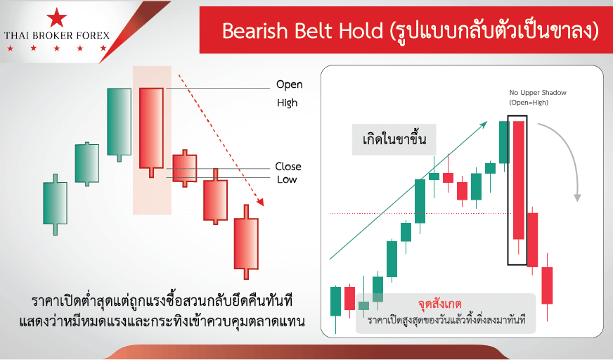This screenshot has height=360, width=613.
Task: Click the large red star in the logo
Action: [57, 18]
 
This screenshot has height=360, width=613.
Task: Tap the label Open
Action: [290, 85]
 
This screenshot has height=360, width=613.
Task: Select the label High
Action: [288, 103]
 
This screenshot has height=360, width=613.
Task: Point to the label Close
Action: [288, 167]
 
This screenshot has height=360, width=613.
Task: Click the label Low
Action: [287, 180]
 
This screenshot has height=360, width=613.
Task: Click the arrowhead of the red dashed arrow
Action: [260, 202]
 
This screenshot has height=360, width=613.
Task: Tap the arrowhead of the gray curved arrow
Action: [577, 198]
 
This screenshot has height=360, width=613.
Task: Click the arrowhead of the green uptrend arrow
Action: [484, 124]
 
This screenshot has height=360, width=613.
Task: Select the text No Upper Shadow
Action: [538, 93]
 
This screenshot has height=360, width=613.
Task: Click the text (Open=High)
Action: [529, 103]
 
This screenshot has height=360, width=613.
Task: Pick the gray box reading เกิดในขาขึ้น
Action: [394, 139]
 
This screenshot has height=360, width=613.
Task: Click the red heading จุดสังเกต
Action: [440, 304]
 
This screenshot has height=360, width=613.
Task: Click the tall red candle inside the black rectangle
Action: [518, 180]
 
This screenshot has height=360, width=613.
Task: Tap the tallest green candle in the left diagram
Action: [120, 122]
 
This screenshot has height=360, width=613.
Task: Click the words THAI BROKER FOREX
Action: [57, 36]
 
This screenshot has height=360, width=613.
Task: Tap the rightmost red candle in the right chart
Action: [547, 285]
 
